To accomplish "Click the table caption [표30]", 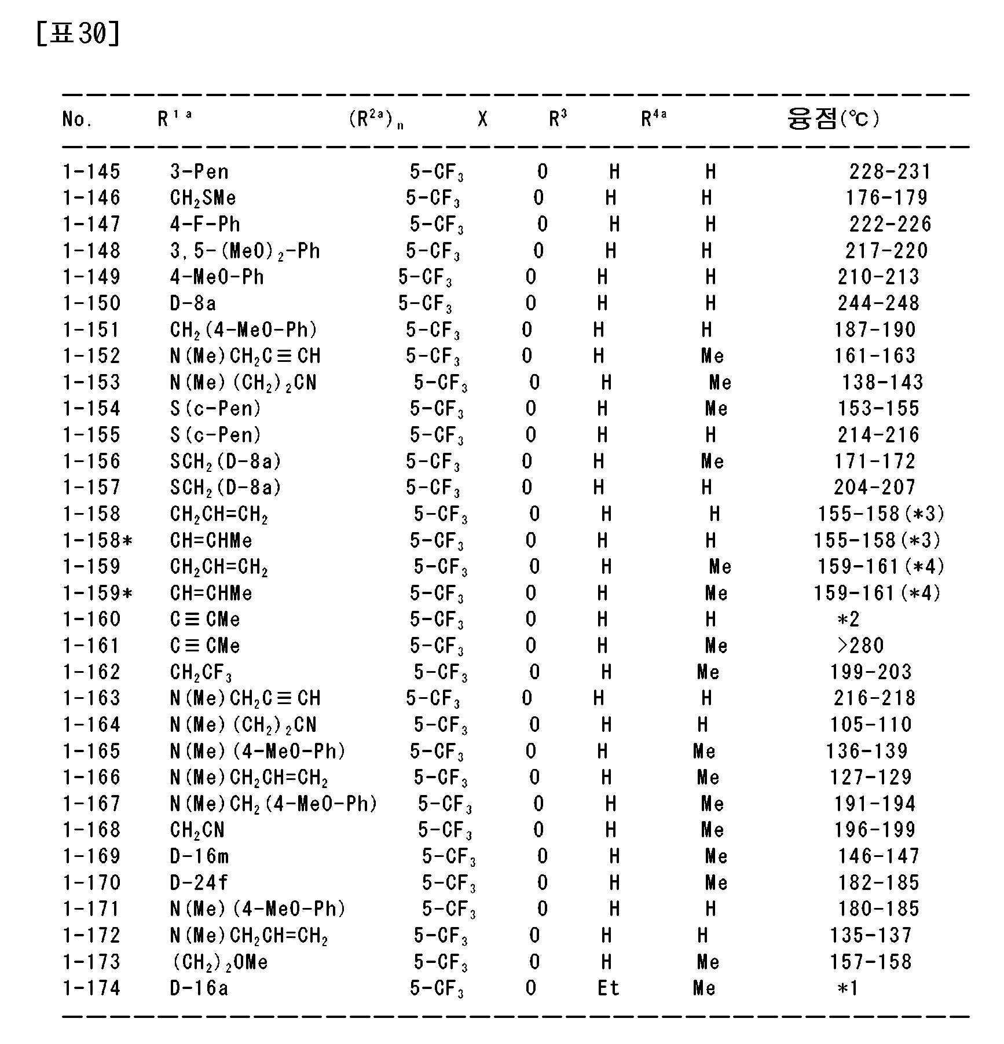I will (x=78, y=33).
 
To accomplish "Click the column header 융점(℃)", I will (x=832, y=119).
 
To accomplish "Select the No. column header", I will (x=77, y=119).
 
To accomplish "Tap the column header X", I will (x=482, y=119).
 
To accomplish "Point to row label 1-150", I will (x=91, y=303).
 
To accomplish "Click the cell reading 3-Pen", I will (x=199, y=171).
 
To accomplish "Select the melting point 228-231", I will (x=889, y=171).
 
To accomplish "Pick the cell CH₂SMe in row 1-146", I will (x=203, y=198).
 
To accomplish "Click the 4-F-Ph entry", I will (x=205, y=224).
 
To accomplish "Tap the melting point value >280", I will (x=860, y=645).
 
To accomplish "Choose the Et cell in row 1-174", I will (x=608, y=988).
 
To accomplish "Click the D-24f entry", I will (x=199, y=882).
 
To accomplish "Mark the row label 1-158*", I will (x=97, y=540).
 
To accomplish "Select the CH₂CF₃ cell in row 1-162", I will (x=201, y=672).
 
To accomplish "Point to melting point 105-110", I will (x=870, y=724).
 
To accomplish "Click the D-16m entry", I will (x=199, y=856).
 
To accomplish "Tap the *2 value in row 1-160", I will (x=848, y=620).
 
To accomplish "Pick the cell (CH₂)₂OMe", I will (x=220, y=962).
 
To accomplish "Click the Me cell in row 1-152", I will (x=712, y=356).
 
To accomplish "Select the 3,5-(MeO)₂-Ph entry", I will (x=245, y=251).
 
